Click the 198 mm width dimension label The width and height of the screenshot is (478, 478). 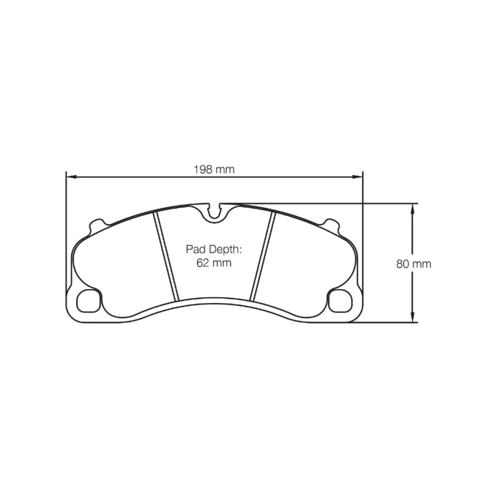(x=214, y=169)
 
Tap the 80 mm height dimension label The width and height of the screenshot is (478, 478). (x=413, y=263)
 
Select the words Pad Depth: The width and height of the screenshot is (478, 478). (x=214, y=249)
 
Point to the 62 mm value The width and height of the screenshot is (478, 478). (x=214, y=262)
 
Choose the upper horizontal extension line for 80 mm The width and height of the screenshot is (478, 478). (x=335, y=203)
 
